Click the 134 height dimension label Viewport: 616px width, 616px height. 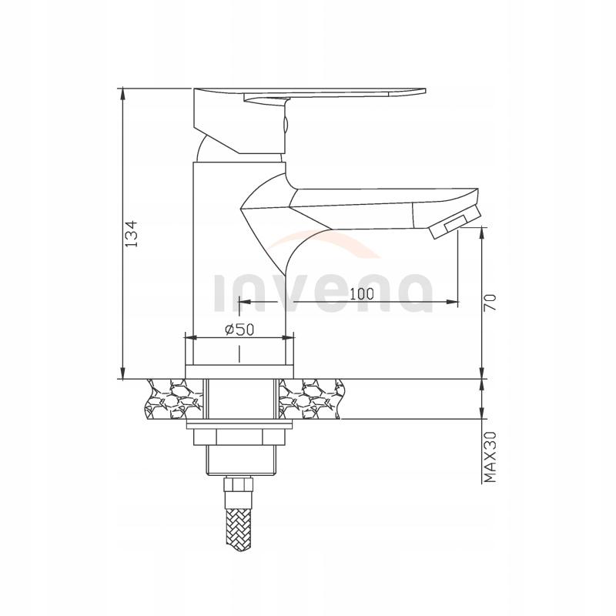click(131, 233)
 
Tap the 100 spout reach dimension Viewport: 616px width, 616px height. click(360, 293)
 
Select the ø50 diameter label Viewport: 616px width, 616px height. click(239, 329)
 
